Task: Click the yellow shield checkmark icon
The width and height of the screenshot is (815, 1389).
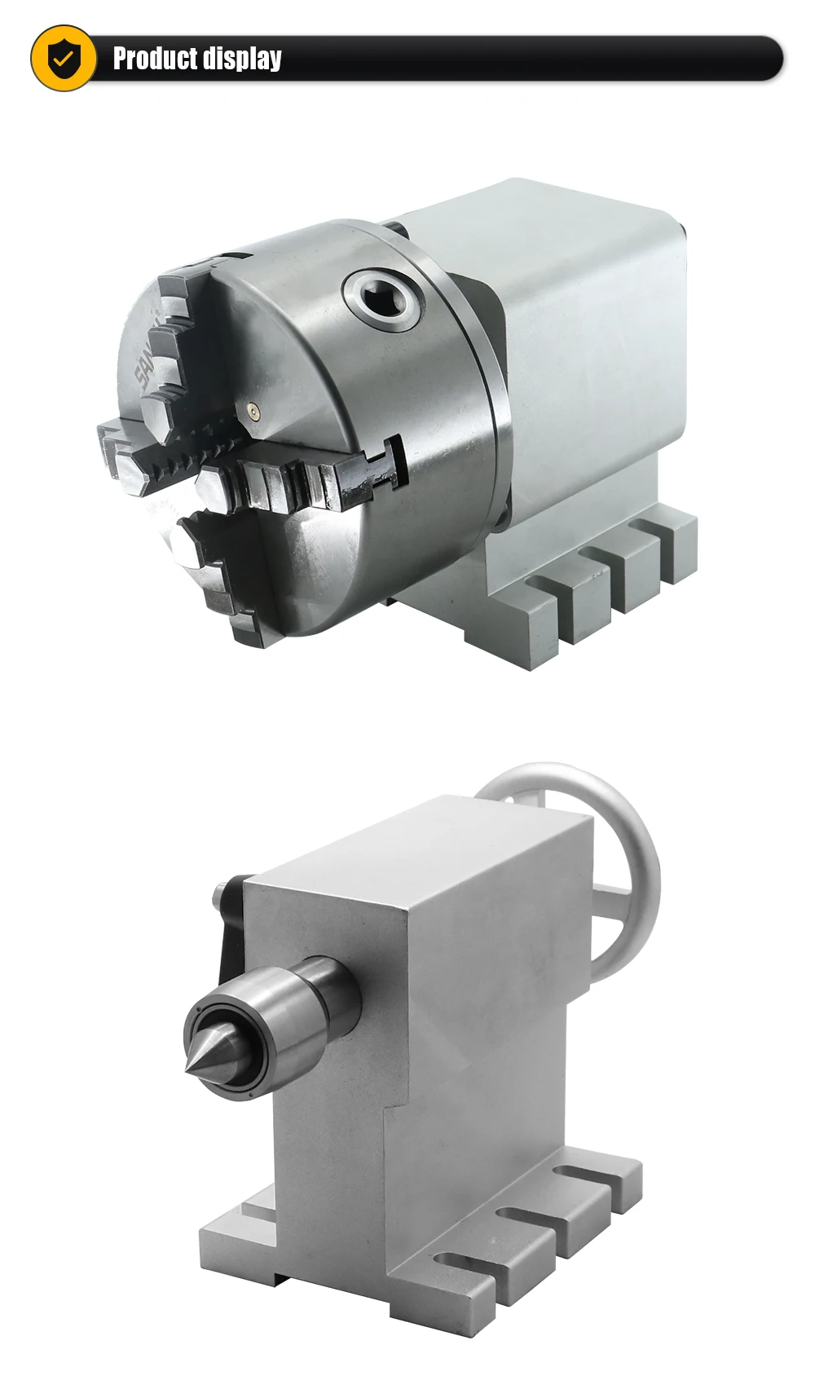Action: [x=63, y=58]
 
